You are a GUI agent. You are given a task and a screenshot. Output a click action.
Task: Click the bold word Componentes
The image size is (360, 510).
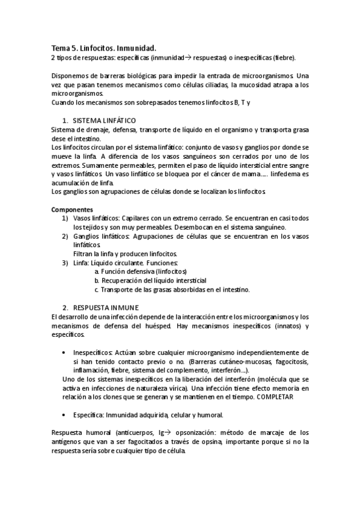(x=69, y=209)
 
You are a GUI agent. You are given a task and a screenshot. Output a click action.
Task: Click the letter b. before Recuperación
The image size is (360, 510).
(x=97, y=280)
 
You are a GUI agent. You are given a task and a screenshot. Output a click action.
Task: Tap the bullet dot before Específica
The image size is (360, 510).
(x=64, y=415)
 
